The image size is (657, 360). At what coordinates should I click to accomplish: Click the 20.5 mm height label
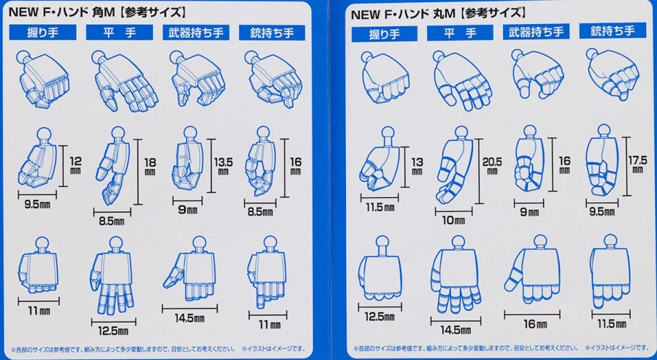[x=492, y=166]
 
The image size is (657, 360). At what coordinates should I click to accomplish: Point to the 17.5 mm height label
[x=637, y=164]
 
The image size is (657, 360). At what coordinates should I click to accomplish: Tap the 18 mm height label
[x=150, y=166]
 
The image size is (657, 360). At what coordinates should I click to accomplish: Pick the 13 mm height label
[x=417, y=166]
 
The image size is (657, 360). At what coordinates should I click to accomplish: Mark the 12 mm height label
[x=75, y=165]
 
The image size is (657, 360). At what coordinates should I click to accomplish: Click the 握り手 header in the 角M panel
[x=43, y=32]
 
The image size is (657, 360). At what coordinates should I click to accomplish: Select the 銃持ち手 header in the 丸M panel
[x=612, y=31]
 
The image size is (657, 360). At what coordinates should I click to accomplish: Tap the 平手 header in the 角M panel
[x=120, y=33]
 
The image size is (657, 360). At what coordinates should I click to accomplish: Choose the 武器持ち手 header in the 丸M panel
[x=536, y=32]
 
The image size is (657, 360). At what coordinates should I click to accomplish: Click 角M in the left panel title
[x=103, y=12]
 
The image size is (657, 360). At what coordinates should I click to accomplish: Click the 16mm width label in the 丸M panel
[x=535, y=324]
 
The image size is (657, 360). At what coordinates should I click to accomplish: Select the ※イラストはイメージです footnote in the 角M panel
[x=274, y=349]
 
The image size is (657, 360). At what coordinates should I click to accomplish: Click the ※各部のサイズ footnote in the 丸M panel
[x=466, y=348]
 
